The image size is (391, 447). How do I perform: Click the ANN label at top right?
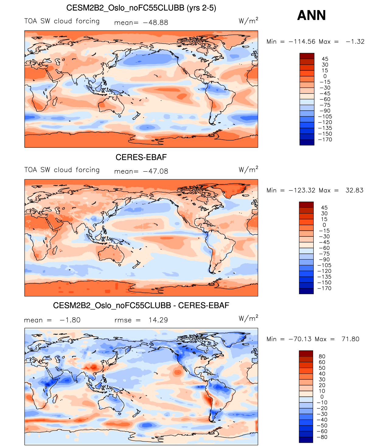click(x=311, y=15)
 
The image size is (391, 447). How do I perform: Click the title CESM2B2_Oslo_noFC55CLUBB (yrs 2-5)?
click(x=141, y=8)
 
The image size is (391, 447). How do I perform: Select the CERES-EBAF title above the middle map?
click(x=141, y=157)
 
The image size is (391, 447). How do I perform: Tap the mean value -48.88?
click(x=155, y=23)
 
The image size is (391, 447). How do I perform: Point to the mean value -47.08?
click(x=155, y=171)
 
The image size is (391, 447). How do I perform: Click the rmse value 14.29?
click(x=158, y=320)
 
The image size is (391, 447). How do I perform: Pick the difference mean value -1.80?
click(x=70, y=320)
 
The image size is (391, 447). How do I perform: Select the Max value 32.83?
click(x=354, y=190)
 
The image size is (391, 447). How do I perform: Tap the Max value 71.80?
click(x=350, y=339)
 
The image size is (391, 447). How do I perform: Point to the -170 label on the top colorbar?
click(x=325, y=140)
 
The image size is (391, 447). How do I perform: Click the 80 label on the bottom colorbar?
click(x=322, y=357)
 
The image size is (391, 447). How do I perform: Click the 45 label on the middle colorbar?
click(x=324, y=208)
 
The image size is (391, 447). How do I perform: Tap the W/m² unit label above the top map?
click(x=248, y=21)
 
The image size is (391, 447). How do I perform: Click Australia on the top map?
click(x=111, y=105)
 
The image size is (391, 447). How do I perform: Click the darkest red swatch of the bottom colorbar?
click(x=306, y=353)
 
